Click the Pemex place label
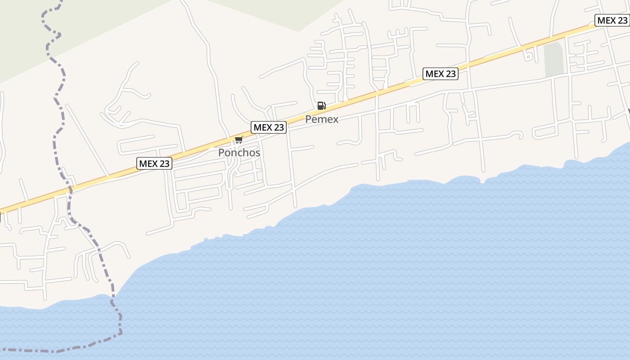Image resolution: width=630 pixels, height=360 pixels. click(x=322, y=119)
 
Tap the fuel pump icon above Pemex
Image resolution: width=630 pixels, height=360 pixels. click(x=321, y=106)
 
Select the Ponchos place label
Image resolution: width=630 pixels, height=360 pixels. click(x=239, y=153)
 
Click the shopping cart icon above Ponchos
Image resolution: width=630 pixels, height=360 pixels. click(x=239, y=140)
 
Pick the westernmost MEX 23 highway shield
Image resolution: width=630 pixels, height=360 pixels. click(x=154, y=163)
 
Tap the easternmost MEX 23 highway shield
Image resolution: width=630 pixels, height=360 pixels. click(x=612, y=20)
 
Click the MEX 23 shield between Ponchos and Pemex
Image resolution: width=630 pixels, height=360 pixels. click(x=269, y=127)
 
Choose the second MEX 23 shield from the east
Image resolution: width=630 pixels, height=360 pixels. click(x=441, y=74)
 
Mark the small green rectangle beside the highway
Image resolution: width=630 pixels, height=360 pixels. click(x=553, y=59)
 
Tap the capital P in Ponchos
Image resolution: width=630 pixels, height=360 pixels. click(x=221, y=153)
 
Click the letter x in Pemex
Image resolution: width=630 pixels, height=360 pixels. click(x=335, y=119)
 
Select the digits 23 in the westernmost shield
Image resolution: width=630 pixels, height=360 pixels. click(x=164, y=163)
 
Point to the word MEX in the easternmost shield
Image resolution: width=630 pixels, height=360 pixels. click(x=606, y=20)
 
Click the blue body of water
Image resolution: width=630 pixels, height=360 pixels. click(x=405, y=270)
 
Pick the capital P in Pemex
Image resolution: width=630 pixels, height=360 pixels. click(x=308, y=119)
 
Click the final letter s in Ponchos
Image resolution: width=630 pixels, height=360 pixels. click(x=257, y=153)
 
